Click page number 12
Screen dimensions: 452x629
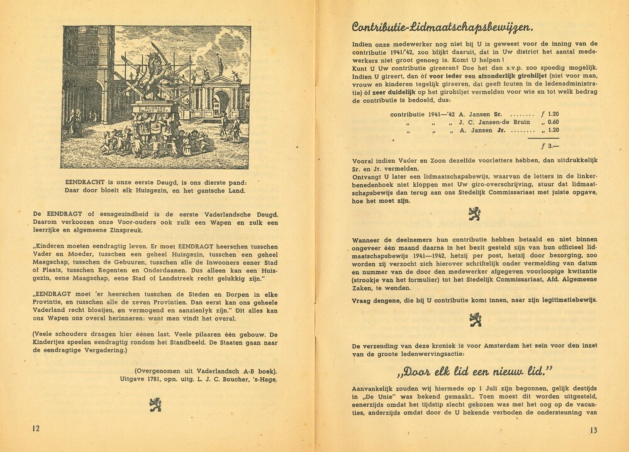pyautogui.click(x=35, y=428)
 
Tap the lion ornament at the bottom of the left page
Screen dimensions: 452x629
pyautogui.click(x=155, y=404)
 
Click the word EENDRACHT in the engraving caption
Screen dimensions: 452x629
pyautogui.click(x=86, y=182)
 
